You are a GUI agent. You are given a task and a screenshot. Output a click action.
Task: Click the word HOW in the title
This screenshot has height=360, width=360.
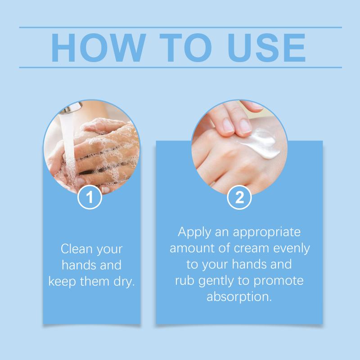(x=99, y=48)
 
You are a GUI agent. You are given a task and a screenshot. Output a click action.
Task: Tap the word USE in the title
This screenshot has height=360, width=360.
(x=266, y=48)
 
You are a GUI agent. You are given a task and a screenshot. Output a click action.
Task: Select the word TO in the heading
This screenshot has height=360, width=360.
(x=185, y=48)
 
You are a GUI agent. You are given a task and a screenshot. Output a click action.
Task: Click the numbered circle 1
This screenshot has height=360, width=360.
(x=90, y=197)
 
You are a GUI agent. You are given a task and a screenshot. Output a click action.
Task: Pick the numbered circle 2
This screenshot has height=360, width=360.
(x=239, y=197)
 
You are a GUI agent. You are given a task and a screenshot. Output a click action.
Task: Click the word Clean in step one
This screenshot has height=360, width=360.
(x=76, y=249)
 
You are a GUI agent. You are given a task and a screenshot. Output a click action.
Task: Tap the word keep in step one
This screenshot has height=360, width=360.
(x=62, y=282)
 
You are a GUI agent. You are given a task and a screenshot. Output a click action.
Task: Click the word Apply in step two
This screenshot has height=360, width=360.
(x=194, y=232)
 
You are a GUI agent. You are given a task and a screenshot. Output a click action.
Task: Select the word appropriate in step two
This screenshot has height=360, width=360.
(x=267, y=232)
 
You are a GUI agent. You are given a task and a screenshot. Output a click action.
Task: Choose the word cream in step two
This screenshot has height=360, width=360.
(x=251, y=248)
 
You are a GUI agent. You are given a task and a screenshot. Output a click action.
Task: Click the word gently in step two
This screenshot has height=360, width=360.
(x=216, y=281)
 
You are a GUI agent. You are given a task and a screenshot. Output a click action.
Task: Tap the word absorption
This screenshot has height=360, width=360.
(x=239, y=297)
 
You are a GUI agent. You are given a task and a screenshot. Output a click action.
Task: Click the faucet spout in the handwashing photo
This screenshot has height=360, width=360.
(x=72, y=108)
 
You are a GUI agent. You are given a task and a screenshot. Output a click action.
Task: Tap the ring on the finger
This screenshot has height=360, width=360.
(x=212, y=184)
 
